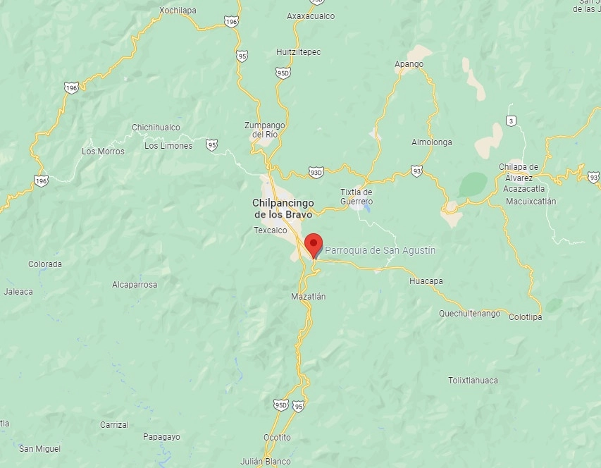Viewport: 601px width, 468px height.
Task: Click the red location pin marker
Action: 313,245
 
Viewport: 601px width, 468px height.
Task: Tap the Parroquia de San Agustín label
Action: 380,250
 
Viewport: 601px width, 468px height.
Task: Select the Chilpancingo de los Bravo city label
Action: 283,208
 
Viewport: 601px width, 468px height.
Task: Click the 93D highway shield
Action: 316,171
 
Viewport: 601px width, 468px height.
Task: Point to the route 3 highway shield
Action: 511,121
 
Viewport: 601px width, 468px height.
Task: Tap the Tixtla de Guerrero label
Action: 356,197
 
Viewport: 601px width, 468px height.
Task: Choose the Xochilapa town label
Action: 178,11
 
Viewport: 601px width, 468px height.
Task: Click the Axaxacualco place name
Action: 311,16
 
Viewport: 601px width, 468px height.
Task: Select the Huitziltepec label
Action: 298,51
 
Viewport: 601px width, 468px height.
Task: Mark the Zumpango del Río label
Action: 263,130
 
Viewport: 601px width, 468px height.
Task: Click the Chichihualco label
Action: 156,128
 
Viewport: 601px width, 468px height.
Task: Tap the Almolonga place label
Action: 432,142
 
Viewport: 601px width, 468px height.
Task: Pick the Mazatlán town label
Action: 308,297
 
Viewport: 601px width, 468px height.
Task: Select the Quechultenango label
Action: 469,313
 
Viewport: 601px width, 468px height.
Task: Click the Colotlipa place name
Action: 526,317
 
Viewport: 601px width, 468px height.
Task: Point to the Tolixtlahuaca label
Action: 473,381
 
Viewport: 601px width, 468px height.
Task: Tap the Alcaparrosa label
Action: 135,285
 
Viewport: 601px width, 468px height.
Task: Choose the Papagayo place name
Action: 161,437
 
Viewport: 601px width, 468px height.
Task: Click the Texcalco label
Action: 271,230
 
